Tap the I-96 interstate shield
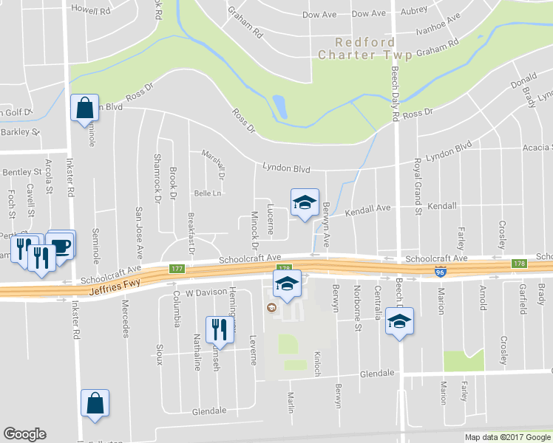pos(440,272)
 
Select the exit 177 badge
pos(176,269)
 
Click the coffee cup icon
pos(61,245)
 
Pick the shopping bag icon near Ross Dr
pos(85,108)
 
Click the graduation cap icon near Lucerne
pos(304,204)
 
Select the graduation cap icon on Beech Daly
pos(399,321)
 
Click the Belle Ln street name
pos(208,193)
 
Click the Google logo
pos(24,434)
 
